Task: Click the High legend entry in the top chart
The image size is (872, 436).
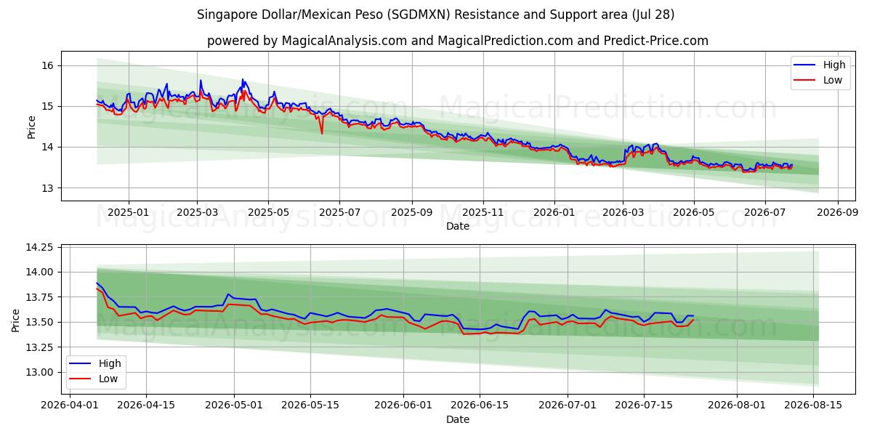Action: point(820,65)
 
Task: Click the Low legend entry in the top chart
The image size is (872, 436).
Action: point(818,80)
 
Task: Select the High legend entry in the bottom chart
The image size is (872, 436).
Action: point(95,363)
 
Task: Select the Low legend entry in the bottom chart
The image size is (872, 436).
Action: point(94,379)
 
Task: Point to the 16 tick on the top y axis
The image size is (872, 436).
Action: point(47,65)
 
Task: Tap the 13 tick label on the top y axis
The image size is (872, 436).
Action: point(47,188)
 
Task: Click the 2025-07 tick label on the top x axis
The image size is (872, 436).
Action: point(339,212)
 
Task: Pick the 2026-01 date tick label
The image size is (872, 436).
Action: point(554,212)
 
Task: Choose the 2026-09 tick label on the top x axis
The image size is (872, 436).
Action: point(837,212)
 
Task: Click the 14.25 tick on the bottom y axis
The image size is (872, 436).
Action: point(39,248)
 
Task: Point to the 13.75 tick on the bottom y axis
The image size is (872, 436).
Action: point(39,297)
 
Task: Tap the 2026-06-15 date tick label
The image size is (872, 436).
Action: point(480,405)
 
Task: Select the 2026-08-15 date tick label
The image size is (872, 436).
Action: point(813,405)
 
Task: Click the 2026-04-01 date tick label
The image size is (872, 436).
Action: point(70,405)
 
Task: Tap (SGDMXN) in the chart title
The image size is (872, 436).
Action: point(419,15)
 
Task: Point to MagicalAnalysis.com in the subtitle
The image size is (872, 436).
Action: point(344,41)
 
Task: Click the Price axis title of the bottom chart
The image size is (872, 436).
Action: point(15,320)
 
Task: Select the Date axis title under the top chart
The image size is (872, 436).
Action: point(458,226)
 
